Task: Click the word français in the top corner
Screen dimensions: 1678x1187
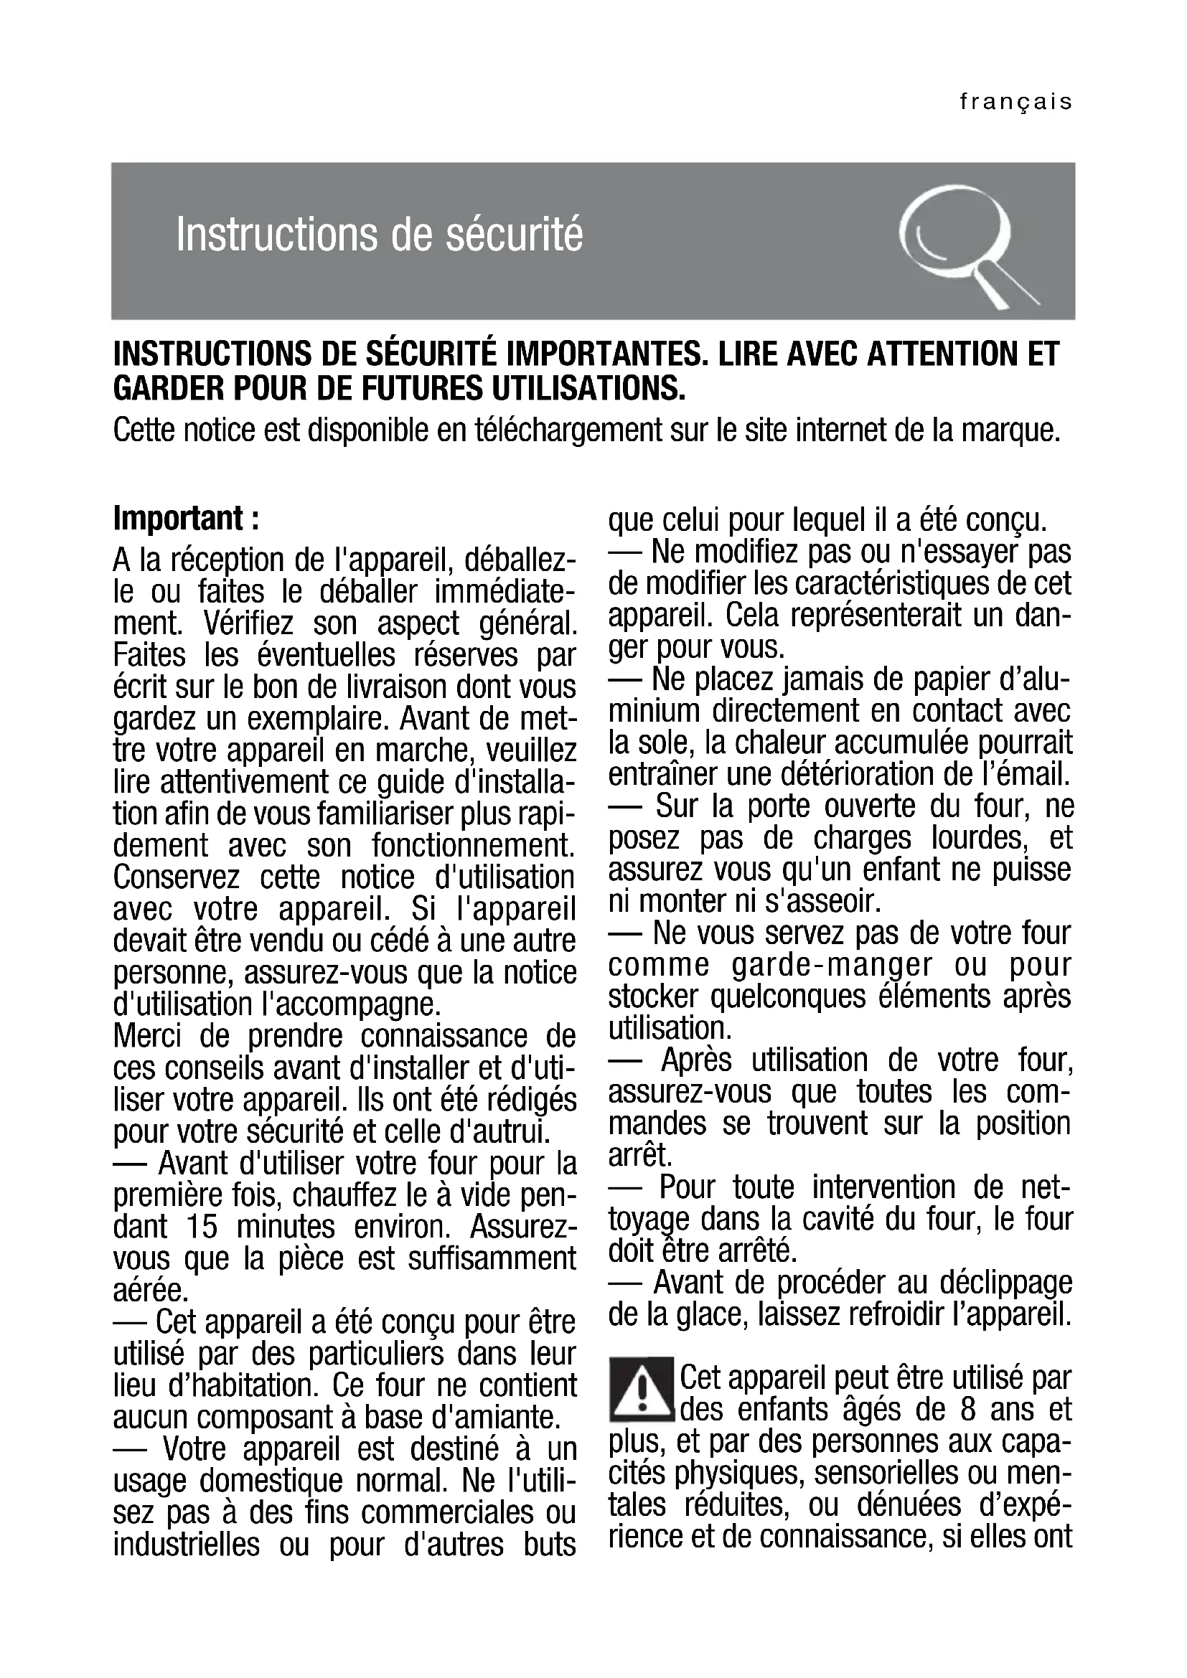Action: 1015,102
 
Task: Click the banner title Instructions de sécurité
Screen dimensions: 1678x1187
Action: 380,235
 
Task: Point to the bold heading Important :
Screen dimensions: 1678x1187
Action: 187,519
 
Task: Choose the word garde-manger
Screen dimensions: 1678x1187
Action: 832,966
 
